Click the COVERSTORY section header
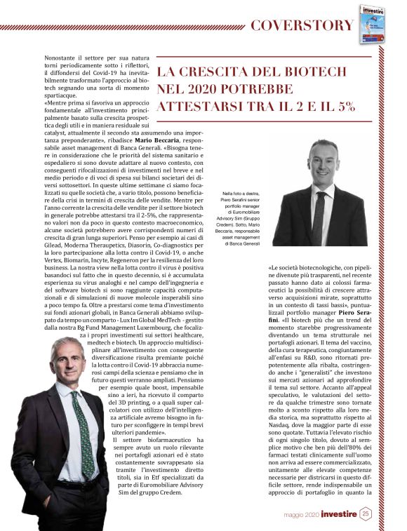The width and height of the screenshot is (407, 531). pyautogui.click(x=302, y=25)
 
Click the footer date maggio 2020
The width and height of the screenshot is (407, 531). pyautogui.click(x=301, y=514)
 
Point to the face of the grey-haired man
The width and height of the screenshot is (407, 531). pyautogui.click(x=69, y=362)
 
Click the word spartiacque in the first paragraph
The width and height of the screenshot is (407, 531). pyautogui.click(x=62, y=93)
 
